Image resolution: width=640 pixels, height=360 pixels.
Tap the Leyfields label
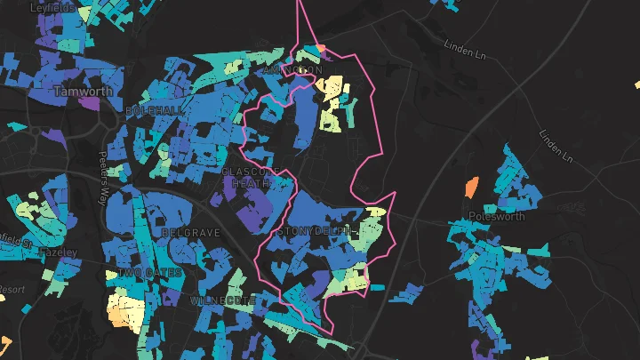tap(52, 7)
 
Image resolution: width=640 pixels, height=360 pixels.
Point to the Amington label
tap(292, 68)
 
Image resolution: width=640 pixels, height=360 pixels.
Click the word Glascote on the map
tap(252, 170)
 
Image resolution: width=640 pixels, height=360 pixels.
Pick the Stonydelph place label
tap(317, 232)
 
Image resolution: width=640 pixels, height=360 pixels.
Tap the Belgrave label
tap(190, 233)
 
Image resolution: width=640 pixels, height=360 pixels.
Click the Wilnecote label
tap(222, 301)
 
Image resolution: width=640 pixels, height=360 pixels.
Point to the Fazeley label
tap(59, 252)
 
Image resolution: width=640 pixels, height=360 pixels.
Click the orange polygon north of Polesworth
tap(471, 187)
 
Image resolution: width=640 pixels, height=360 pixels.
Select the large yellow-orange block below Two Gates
tap(126, 312)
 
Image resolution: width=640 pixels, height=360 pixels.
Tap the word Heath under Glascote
tap(246, 182)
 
